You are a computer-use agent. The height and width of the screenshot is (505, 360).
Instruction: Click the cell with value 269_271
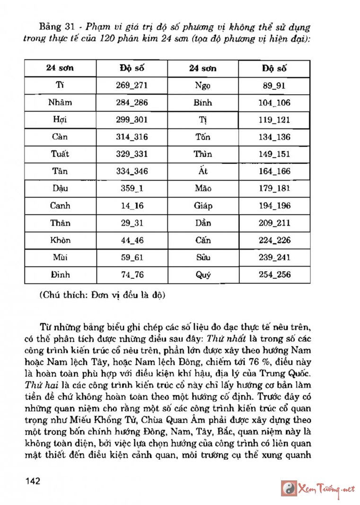[x=132, y=86]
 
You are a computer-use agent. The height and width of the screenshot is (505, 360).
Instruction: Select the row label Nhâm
[x=60, y=103]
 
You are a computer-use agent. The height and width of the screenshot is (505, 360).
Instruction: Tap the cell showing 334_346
[x=132, y=171]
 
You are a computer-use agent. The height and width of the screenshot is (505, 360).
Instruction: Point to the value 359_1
[x=132, y=188]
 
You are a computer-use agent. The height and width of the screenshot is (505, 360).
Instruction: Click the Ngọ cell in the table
[x=203, y=86]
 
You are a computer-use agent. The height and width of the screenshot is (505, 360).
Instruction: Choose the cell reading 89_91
[x=274, y=86]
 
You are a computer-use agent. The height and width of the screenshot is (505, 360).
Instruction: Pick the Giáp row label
[x=203, y=205]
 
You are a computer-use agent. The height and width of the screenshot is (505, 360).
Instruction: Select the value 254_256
[x=274, y=275]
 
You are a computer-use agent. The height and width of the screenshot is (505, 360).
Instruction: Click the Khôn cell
[x=60, y=240]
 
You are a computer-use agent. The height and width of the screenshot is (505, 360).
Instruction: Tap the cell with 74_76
[x=132, y=275]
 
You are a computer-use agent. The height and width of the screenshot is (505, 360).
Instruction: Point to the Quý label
[x=203, y=275]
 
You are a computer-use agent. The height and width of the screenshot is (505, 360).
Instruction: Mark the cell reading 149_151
[x=274, y=154]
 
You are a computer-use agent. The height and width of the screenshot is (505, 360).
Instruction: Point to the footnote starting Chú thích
[x=102, y=295]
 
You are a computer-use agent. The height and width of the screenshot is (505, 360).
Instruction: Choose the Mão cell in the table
[x=203, y=188]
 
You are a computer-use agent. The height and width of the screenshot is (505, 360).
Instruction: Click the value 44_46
[x=132, y=240]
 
